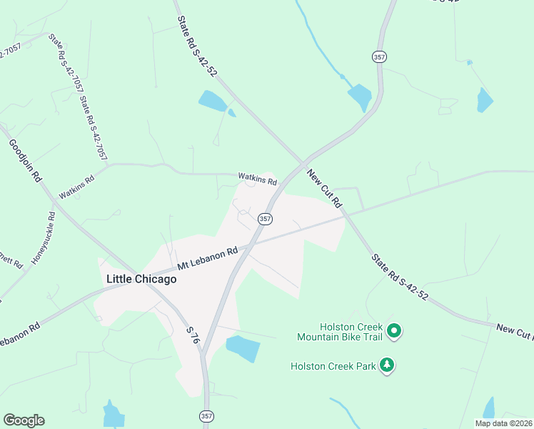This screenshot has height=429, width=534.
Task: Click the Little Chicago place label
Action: [141, 279]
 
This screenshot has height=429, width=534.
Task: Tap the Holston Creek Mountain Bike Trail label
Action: [341, 332]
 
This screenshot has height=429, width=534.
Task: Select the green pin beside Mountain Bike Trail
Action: [394, 331]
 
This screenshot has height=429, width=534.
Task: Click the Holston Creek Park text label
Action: [333, 366]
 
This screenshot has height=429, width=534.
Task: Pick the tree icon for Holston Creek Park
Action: [388, 365]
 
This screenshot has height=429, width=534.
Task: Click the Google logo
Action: [24, 420]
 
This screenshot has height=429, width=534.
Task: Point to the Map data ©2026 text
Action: [503, 423]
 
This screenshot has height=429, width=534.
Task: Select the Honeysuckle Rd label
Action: [41, 239]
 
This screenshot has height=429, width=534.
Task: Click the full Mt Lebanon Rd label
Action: [207, 258]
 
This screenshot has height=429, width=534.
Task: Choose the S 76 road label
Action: [191, 337]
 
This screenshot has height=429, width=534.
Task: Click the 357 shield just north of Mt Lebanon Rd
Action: [265, 219]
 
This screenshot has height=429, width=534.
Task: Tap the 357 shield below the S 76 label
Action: [206, 415]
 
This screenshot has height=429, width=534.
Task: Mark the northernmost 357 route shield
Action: [378, 56]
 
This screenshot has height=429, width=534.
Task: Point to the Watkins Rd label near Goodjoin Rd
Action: [76, 188]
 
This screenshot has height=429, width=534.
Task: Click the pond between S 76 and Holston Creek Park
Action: [242, 348]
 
